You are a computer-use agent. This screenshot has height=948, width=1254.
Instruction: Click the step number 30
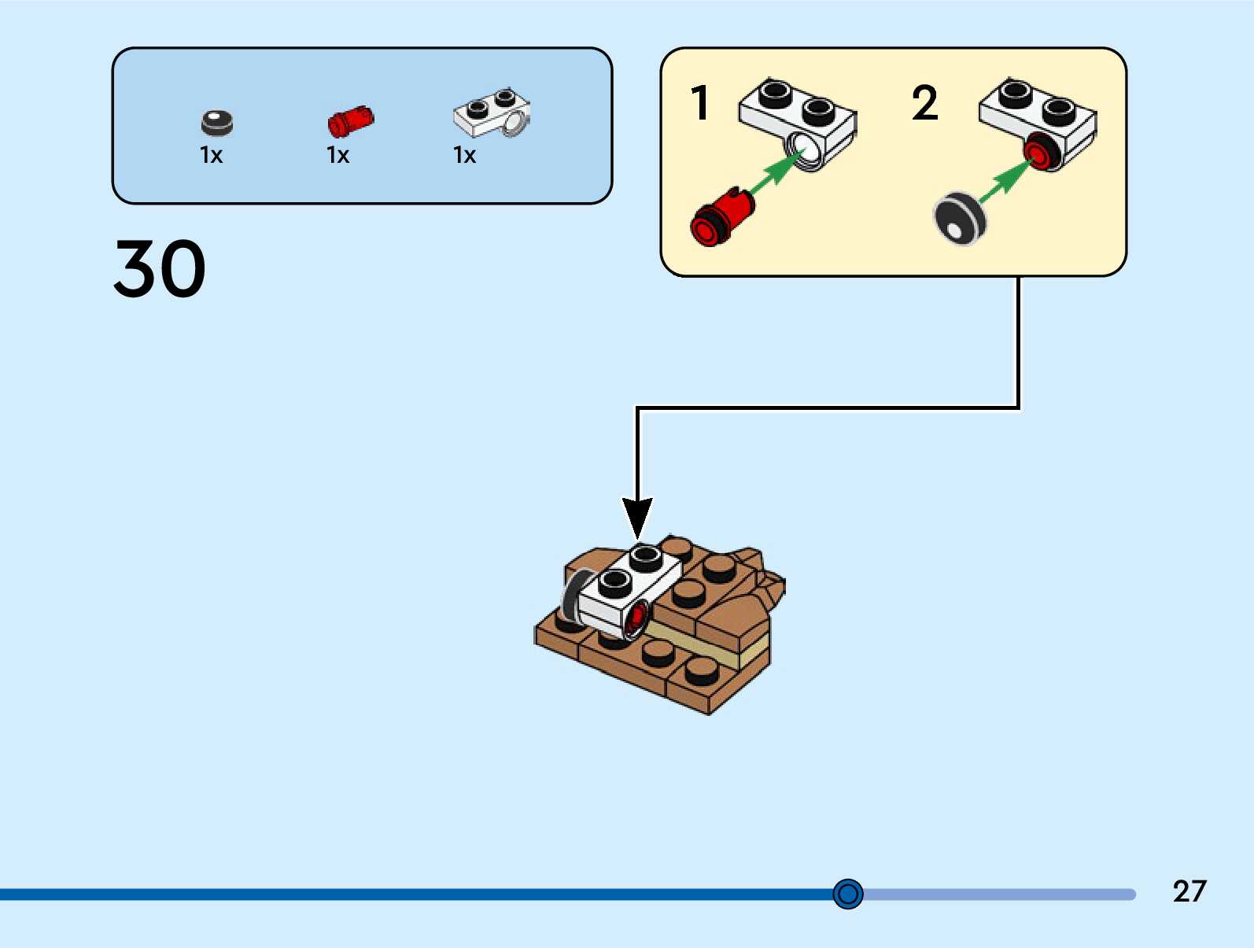[160, 269]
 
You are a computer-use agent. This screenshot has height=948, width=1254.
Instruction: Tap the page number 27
[1189, 891]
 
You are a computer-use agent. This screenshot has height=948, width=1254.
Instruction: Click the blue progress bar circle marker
[848, 894]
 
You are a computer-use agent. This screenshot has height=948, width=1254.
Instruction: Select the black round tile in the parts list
[217, 123]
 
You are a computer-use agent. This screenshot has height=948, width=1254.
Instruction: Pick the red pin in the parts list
[350, 121]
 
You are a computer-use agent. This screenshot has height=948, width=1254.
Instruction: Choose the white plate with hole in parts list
[491, 113]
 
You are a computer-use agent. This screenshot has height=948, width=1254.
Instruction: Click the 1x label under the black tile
[211, 156]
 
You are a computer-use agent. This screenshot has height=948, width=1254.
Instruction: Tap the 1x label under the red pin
[337, 156]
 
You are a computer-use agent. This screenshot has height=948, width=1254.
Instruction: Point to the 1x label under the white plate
[464, 156]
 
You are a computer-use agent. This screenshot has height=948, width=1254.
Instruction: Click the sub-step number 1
[699, 103]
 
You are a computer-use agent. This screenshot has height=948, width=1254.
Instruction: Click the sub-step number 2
[924, 103]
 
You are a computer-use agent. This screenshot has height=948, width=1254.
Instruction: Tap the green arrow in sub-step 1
[775, 171]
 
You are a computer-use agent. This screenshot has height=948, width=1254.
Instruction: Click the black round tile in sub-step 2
[959, 219]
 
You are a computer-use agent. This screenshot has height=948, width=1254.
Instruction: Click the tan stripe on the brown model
[708, 643]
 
